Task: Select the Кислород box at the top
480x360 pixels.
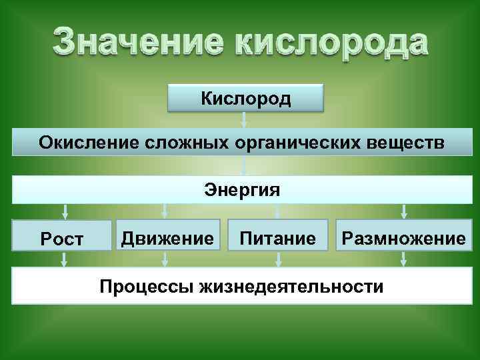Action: coord(245,99)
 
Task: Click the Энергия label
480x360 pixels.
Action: coord(241,189)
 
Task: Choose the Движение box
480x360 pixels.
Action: coord(167,236)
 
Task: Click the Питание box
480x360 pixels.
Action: coord(277,236)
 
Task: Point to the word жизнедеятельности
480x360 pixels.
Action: coord(288,287)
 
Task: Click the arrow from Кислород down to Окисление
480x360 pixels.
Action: coord(244,120)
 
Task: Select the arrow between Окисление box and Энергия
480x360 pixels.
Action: coord(244,166)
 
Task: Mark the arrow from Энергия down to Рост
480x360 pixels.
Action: coord(64,212)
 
